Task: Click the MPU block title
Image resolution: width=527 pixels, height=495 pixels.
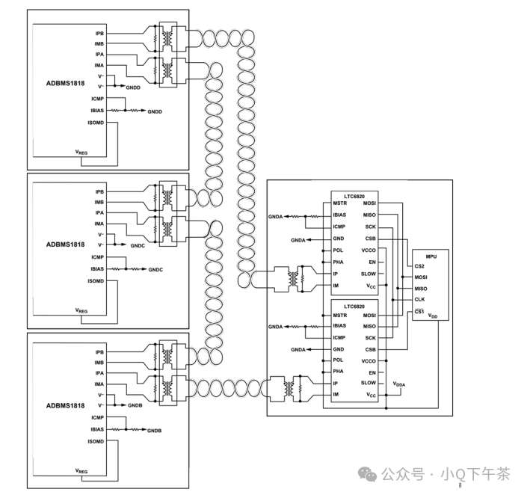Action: pos(430,256)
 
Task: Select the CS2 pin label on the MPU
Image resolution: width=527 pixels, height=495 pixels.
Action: pos(419,265)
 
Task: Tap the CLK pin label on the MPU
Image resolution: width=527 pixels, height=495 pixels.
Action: pos(419,299)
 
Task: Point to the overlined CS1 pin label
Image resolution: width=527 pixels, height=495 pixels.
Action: pos(419,310)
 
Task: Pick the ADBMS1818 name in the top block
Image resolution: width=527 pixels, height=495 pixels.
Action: pos(65,82)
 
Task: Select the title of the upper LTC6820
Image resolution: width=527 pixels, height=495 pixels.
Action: pos(355,196)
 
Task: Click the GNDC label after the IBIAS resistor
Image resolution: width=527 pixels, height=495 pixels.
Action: pos(155,269)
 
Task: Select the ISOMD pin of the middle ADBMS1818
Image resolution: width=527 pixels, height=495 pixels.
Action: pos(96,280)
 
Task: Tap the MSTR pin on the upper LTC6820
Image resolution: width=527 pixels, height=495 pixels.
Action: pos(340,203)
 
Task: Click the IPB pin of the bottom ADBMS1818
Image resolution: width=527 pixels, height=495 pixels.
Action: pos(99,351)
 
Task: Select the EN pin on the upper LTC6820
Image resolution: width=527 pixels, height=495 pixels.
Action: pos(372,262)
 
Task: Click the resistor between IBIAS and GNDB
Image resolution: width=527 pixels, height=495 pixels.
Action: pos(135,430)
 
